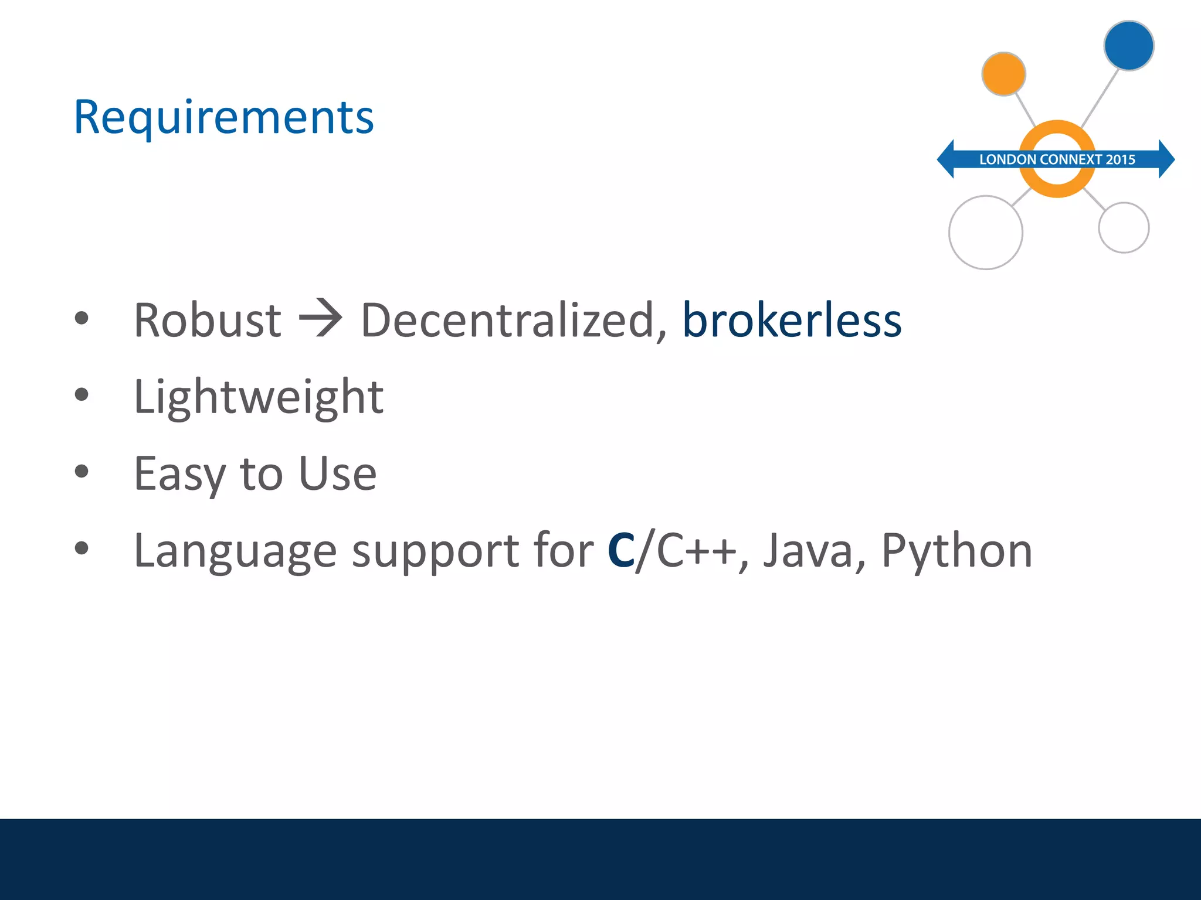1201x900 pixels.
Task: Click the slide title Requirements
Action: (223, 117)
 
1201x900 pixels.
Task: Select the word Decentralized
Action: (508, 321)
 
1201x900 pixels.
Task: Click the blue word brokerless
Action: (792, 321)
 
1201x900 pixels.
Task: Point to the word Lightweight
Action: (259, 397)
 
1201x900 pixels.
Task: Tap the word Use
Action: (337, 473)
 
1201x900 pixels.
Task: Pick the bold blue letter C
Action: (621, 551)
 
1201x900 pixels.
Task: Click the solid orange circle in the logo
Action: (1003, 74)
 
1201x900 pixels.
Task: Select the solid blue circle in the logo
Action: (1128, 46)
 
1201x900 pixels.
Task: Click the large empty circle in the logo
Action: (985, 233)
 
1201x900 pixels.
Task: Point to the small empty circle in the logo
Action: (1123, 227)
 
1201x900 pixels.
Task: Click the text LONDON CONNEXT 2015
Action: (1057, 159)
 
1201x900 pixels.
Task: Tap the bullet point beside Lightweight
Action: (82, 395)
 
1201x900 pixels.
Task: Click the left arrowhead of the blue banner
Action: (946, 159)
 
